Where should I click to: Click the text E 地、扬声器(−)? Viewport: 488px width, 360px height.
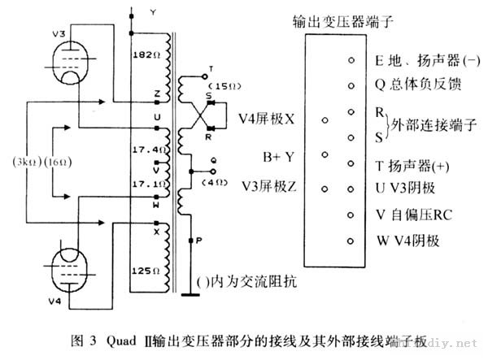[428, 60]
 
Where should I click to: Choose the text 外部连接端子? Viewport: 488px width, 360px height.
[434, 124]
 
